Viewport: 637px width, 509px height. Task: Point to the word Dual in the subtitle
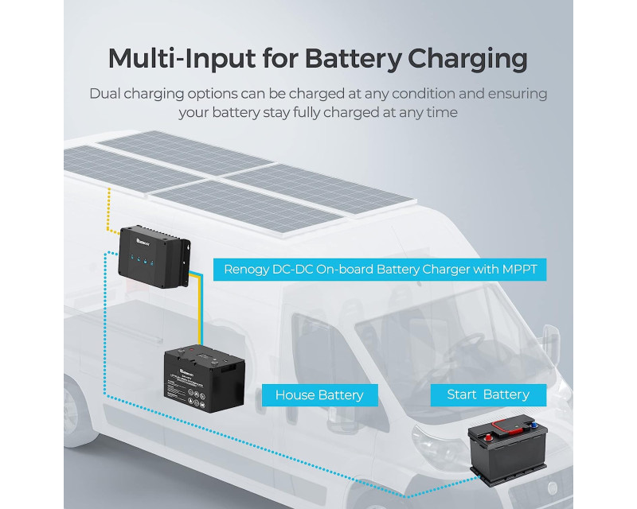[107, 94]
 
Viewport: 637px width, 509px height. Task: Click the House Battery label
[318, 394]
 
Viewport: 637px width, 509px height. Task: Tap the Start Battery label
[487, 394]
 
